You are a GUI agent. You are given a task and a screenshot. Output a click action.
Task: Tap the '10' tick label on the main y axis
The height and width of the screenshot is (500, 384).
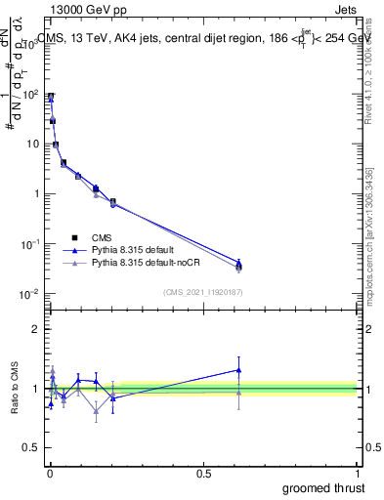[x=31, y=144]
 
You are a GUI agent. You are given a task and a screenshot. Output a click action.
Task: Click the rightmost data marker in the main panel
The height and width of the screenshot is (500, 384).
[x=238, y=265]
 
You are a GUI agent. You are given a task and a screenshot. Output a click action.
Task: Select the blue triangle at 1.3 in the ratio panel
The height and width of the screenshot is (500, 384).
[x=238, y=369]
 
